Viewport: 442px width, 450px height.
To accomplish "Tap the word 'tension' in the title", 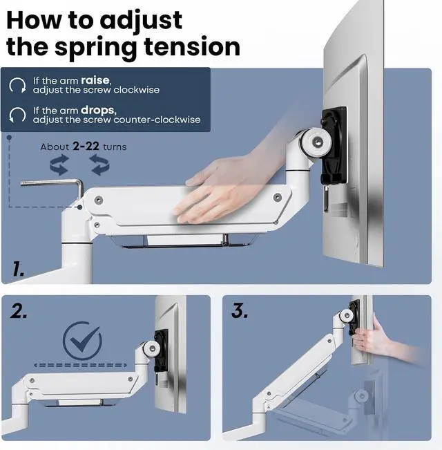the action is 192,46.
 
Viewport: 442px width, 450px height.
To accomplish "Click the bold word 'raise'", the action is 95,80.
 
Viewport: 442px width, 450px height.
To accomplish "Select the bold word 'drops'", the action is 98,110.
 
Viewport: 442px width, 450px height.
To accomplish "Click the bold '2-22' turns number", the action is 86,147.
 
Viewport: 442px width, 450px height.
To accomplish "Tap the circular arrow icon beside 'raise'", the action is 17,86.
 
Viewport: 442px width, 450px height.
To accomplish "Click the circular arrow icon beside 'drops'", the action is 17,115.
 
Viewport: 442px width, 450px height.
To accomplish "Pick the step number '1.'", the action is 18,270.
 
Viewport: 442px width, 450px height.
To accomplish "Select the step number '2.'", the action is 19,311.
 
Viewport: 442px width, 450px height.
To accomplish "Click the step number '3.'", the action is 240,311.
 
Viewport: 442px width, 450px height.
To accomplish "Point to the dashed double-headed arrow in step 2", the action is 80,365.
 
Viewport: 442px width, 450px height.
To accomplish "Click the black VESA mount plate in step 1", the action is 335,145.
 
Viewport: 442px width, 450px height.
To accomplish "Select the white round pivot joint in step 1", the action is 316,142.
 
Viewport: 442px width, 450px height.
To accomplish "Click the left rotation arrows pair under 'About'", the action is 59,165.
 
